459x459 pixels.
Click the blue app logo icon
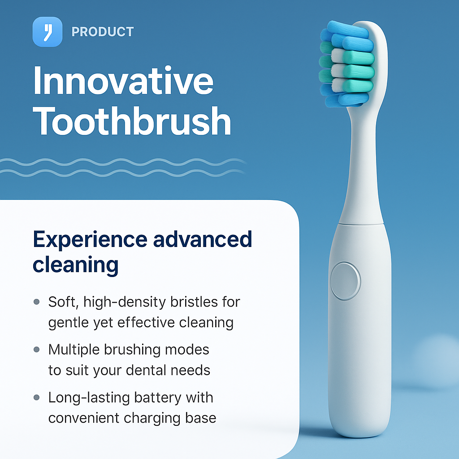click(48, 31)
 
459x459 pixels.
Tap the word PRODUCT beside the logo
click(103, 32)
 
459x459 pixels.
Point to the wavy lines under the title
click(123, 166)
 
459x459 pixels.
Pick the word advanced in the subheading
click(203, 239)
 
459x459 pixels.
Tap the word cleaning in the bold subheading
click(75, 265)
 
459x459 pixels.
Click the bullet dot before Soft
click(37, 302)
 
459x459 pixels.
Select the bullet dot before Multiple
click(37, 350)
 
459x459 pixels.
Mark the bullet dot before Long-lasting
click(37, 398)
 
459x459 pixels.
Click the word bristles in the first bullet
click(196, 302)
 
